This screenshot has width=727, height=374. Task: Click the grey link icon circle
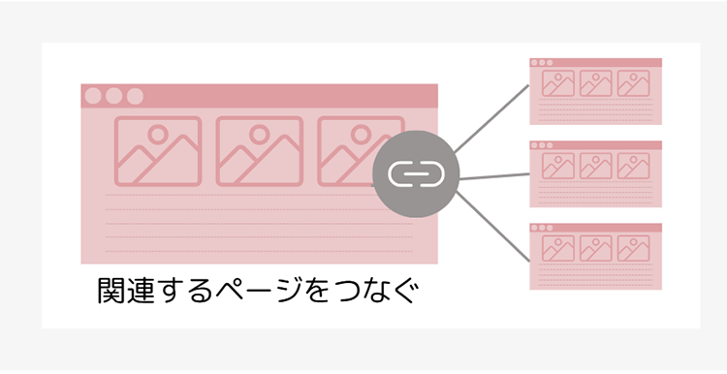click(415, 173)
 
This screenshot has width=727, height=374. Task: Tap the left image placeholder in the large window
click(157, 151)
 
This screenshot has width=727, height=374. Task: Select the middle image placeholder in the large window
click(259, 151)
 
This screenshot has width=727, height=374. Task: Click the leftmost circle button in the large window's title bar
click(93, 96)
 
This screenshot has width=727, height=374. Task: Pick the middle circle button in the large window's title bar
click(114, 96)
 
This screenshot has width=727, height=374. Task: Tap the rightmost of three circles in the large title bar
click(135, 96)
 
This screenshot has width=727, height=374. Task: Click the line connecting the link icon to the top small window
click(492, 118)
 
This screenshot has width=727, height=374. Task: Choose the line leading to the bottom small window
click(492, 228)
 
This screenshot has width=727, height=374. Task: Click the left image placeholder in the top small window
click(557, 84)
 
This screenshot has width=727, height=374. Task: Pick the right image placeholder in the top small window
click(633, 84)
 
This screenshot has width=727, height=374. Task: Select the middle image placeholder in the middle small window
click(595, 167)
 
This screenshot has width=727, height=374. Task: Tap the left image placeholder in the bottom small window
click(557, 249)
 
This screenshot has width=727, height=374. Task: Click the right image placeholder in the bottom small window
click(633, 249)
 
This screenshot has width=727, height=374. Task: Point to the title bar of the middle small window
click(595, 145)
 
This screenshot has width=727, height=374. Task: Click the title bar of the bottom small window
click(595, 228)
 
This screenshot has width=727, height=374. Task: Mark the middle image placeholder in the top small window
click(595, 84)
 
